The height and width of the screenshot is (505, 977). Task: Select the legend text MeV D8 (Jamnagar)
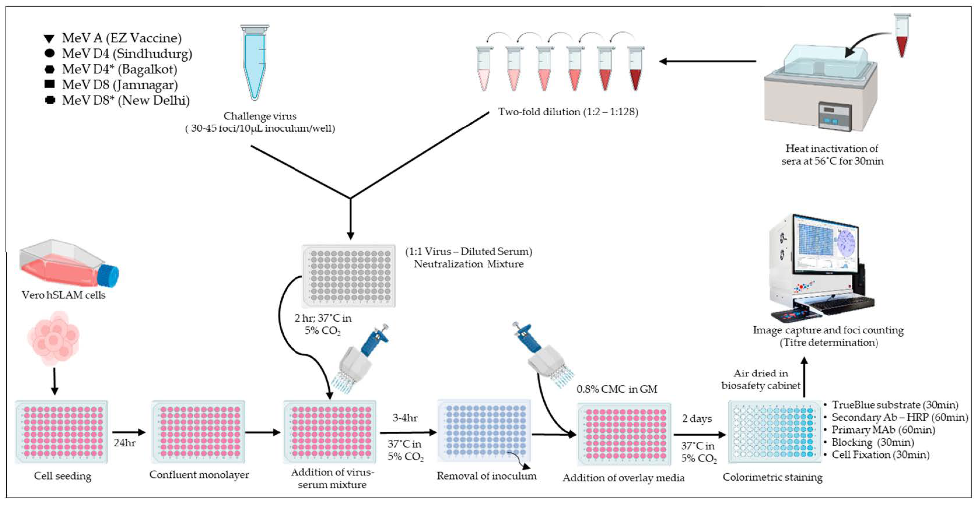[x=120, y=85]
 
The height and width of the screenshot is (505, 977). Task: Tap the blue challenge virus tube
[x=254, y=62]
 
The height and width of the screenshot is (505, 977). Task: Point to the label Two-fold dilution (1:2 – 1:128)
[x=568, y=112]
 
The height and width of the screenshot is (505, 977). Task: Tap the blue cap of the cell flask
[x=108, y=276]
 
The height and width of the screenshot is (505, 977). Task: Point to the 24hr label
[x=124, y=443]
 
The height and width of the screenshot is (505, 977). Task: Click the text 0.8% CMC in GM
[x=617, y=389]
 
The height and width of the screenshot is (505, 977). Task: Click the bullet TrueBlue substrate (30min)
[x=894, y=405]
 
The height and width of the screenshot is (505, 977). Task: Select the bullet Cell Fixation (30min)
[x=880, y=454]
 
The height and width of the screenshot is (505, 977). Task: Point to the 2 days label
[x=697, y=419]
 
